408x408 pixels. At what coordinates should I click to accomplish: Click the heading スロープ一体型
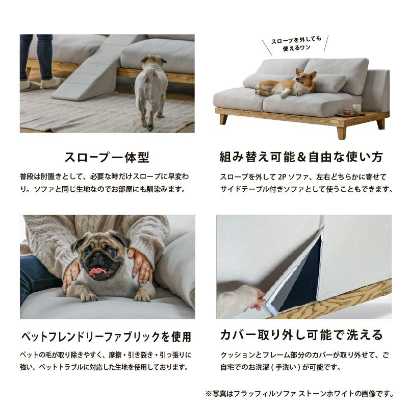[x=107, y=157]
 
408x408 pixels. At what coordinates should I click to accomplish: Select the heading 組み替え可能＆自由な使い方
[x=301, y=157]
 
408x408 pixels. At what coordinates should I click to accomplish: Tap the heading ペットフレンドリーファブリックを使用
[x=106, y=337]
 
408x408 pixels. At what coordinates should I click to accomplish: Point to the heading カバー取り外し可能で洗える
[x=301, y=335]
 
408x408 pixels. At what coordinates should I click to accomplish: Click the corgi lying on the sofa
[x=286, y=84]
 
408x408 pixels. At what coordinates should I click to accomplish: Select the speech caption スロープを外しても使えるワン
[x=296, y=44]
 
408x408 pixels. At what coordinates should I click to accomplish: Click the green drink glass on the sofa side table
[x=355, y=109]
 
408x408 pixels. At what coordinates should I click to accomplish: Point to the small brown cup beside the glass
[x=346, y=111]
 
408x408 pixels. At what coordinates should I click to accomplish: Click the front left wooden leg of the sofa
[x=223, y=119]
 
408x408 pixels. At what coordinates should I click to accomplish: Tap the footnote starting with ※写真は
[x=299, y=394]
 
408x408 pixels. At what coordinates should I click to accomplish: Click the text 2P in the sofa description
[x=282, y=177]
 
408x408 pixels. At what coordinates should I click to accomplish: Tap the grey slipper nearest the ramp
[x=50, y=83]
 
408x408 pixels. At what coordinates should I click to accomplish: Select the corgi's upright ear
[x=313, y=75]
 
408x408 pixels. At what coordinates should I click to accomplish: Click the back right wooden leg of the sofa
[x=380, y=124]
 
